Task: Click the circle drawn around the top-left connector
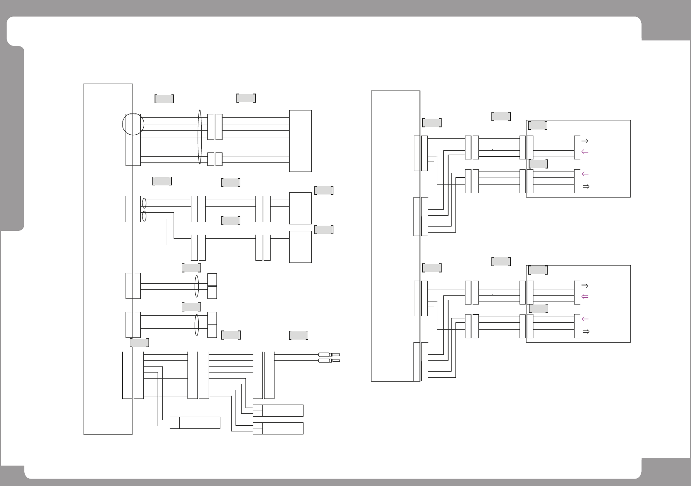(133, 124)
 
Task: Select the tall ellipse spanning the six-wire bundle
(200, 137)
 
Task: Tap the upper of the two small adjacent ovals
(144, 203)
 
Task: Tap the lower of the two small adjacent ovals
(144, 217)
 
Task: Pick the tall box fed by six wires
(300, 141)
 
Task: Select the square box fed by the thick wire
(300, 208)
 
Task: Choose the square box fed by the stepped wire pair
(300, 246)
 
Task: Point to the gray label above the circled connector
(164, 99)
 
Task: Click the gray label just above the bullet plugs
(299, 335)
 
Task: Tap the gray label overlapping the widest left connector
(139, 343)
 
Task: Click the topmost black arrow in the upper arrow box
(584, 140)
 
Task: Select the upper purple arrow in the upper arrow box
(584, 152)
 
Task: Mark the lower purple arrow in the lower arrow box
(584, 319)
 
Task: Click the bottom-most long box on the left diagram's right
(278, 428)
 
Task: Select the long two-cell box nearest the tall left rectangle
(195, 423)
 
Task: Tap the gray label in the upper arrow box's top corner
(538, 125)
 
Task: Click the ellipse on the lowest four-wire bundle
(197, 325)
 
